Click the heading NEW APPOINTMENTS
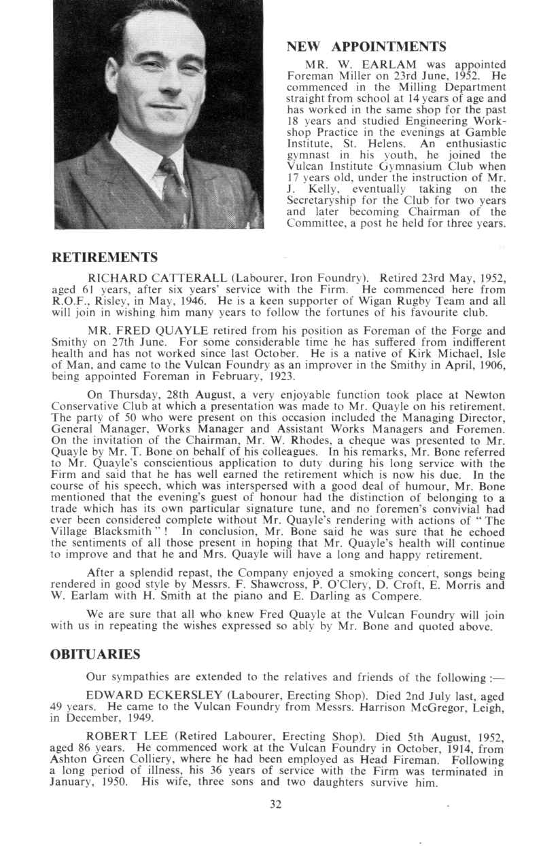[367, 47]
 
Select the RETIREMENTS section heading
[105, 257]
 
